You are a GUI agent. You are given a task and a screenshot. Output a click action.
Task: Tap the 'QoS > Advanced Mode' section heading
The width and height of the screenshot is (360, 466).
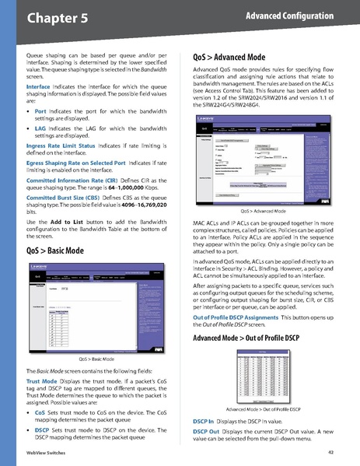tap(230, 57)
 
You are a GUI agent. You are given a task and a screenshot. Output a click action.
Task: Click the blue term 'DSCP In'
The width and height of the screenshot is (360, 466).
tap(203, 420)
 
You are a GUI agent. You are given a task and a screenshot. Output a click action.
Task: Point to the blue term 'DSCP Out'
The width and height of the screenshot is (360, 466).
tap(205, 430)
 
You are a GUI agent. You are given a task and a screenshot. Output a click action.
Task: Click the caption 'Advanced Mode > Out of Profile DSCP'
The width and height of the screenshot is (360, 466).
tap(263, 408)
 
